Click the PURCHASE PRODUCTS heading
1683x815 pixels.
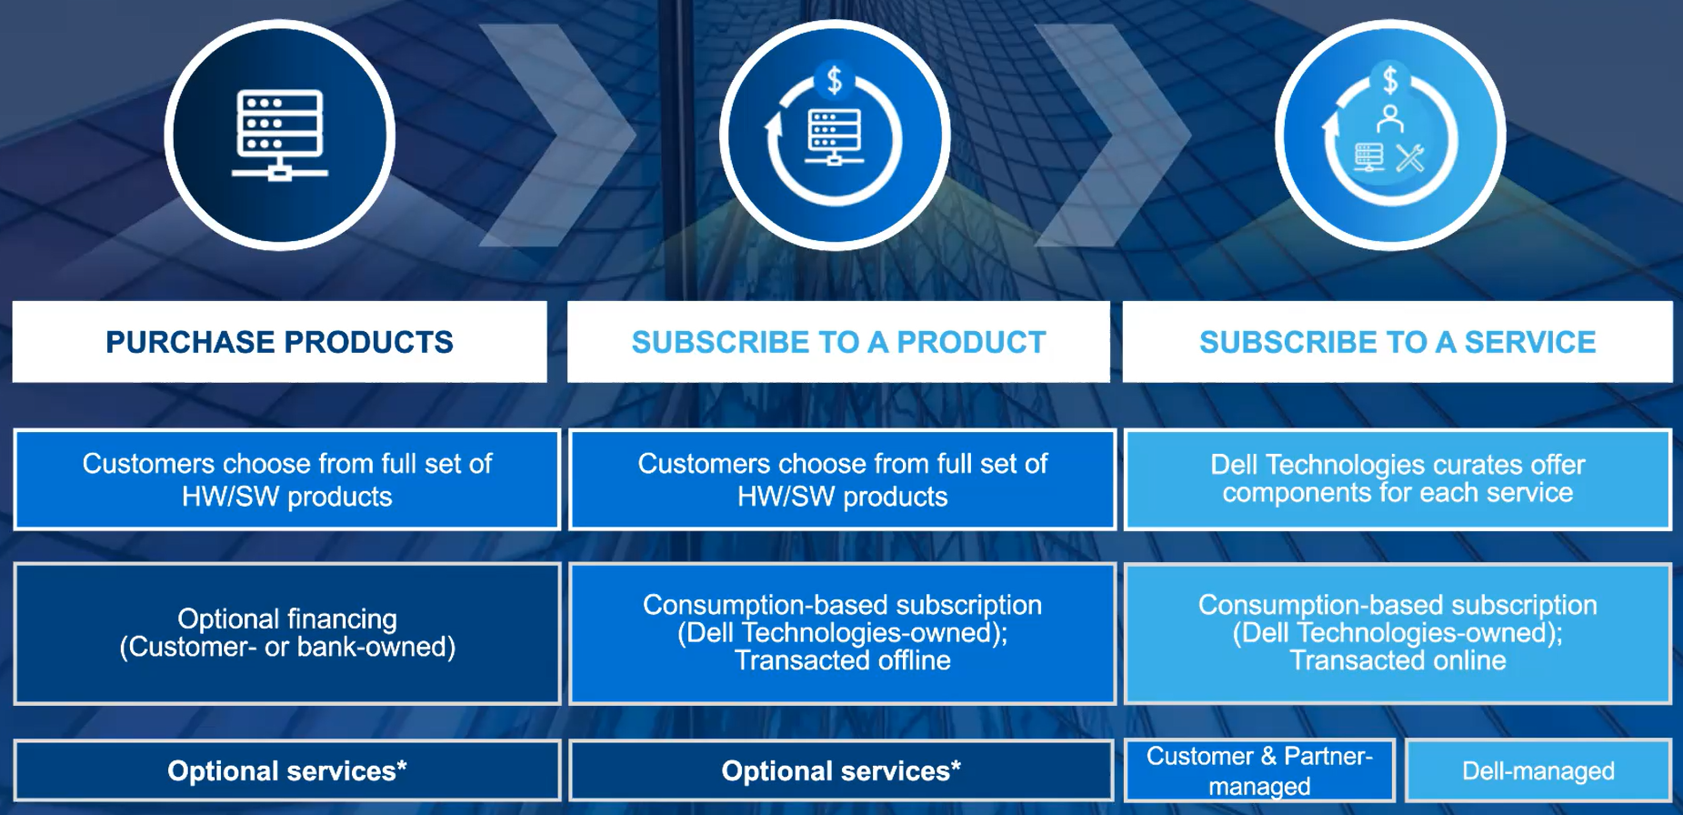(279, 342)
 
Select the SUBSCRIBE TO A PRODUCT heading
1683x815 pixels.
(838, 342)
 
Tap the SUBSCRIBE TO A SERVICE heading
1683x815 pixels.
(1397, 342)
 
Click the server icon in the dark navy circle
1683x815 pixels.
(279, 135)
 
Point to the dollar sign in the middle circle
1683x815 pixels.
(835, 81)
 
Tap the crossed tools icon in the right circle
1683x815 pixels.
(1410, 158)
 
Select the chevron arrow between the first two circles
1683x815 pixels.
(556, 135)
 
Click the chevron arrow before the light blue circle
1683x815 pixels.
(1112, 135)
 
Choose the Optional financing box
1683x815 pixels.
(287, 633)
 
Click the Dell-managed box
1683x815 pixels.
(1538, 770)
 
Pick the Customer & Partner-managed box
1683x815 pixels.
(1259, 770)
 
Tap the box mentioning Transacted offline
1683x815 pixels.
(842, 633)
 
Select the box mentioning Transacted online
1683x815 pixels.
(1397, 633)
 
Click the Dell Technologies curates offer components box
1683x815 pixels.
(1397, 479)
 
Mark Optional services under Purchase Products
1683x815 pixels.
(287, 770)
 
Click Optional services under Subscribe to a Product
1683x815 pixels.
(841, 770)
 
